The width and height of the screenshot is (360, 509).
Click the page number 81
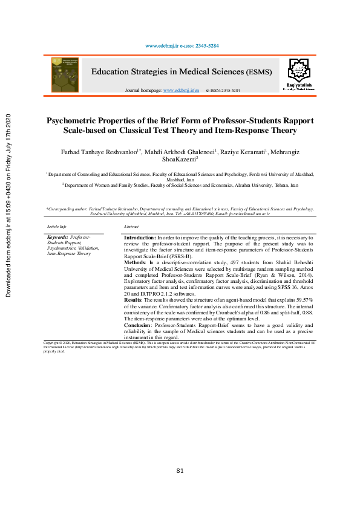click(x=180, y=471)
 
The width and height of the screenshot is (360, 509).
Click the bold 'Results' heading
click(x=133, y=300)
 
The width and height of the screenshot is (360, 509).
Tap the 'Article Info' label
click(x=56, y=226)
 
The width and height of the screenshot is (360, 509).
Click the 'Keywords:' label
click(x=57, y=238)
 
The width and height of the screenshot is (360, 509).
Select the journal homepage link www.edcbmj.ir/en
click(x=182, y=90)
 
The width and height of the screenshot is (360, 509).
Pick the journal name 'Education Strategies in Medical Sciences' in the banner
click(x=168, y=72)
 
